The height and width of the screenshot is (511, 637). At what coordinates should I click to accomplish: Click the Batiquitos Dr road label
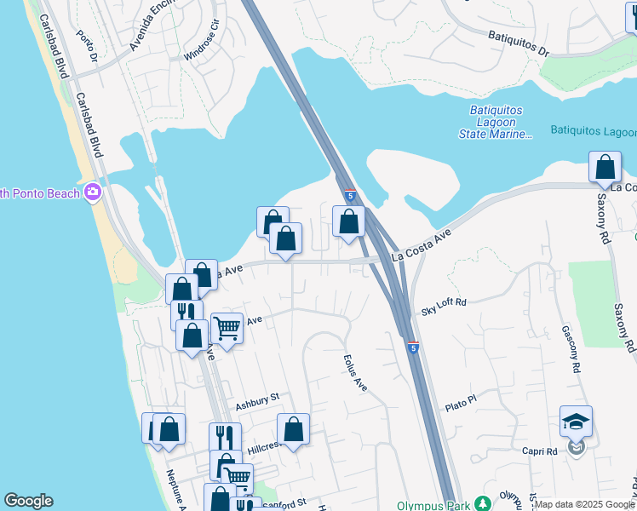[x=519, y=42]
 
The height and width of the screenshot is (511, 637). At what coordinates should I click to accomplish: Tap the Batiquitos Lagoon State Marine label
[x=502, y=123]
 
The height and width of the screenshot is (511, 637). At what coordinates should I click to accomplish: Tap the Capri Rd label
[x=540, y=451]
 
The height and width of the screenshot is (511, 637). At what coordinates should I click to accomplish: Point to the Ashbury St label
[x=257, y=399]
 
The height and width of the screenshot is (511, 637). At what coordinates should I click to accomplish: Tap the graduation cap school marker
[x=576, y=421]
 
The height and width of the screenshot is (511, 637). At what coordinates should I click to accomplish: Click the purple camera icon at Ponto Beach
[x=91, y=192]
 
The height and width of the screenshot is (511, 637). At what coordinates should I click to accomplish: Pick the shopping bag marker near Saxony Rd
[x=605, y=168]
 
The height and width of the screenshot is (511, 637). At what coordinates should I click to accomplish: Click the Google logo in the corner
[x=28, y=501]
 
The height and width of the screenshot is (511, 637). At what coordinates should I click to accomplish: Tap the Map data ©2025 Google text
[x=584, y=504]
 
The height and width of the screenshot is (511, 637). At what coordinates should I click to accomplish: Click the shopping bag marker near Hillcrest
[x=293, y=429]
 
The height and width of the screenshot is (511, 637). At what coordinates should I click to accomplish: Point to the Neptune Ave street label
[x=176, y=490]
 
